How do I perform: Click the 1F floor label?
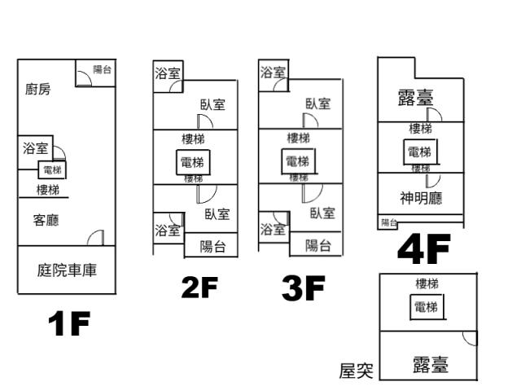69,324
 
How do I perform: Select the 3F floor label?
302,288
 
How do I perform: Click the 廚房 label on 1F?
37,90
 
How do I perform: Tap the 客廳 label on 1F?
46,220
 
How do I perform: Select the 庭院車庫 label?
68,270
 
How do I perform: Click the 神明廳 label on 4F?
421,197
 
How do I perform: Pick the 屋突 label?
356,371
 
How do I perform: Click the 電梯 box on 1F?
53,170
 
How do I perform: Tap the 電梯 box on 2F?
193,162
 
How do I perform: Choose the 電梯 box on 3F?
297,161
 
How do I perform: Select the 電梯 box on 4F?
419,152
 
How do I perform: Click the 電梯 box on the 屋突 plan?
426,307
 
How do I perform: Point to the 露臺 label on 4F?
414,99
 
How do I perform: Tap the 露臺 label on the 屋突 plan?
430,364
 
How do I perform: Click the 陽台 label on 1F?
103,70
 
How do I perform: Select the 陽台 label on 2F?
213,246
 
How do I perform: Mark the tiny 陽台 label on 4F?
389,222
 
